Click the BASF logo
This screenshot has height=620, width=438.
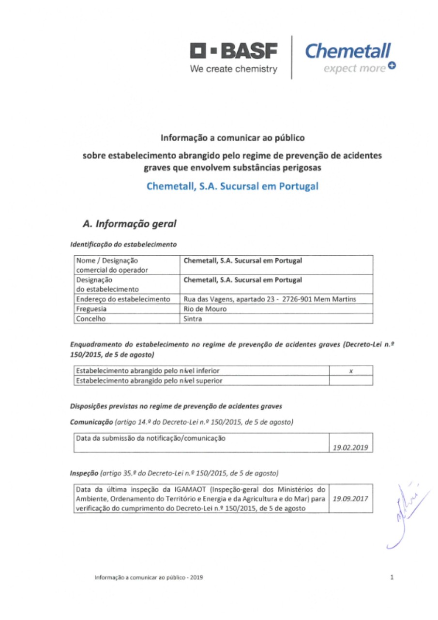click(234, 50)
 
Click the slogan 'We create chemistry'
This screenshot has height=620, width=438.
click(234, 69)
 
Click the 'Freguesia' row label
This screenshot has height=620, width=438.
click(91, 309)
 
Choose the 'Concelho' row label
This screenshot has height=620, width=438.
click(91, 318)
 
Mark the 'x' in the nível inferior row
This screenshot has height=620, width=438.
click(350, 371)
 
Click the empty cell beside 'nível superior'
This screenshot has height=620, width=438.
click(350, 380)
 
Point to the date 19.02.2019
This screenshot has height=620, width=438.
click(350, 448)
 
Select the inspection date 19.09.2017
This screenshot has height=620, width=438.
click(350, 498)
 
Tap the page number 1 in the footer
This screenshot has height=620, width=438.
click(391, 577)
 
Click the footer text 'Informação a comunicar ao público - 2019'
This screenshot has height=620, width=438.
click(149, 577)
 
